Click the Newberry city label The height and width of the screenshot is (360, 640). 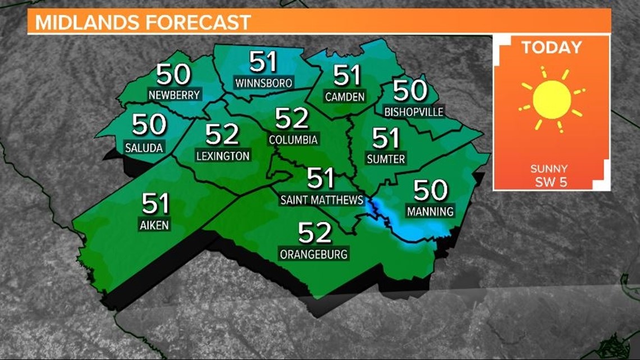[174, 95]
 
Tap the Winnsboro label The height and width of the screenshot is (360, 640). [264, 83]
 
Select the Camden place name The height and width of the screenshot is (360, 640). [345, 97]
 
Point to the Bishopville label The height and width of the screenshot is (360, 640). [414, 112]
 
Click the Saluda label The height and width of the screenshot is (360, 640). [145, 148]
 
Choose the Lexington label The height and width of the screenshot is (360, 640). [223, 156]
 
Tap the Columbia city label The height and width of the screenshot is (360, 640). [293, 139]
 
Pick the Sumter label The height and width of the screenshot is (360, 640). [386, 159]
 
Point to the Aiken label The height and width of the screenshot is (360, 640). [153, 225]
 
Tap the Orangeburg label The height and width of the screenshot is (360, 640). [314, 254]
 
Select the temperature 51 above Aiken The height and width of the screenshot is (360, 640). [156, 203]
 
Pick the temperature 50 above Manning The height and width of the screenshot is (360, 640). [431, 190]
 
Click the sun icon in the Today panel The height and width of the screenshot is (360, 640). [551, 99]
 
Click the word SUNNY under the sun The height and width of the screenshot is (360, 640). [549, 168]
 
